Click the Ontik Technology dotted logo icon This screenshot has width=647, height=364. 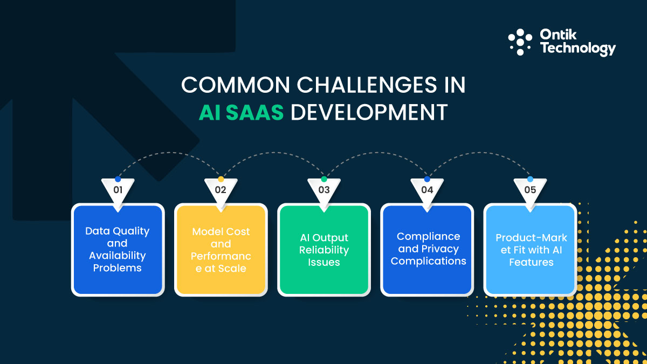[520, 42]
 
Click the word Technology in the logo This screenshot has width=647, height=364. [577, 49]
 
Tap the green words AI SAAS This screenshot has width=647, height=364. [242, 112]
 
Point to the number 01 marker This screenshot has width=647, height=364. [118, 190]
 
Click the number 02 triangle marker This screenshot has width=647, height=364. [221, 190]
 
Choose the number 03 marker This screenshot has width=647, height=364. [323, 190]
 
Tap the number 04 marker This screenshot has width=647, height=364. [427, 190]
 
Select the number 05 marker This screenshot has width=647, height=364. [530, 190]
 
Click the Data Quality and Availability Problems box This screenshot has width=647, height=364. [118, 249]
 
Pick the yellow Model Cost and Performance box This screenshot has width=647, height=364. [221, 249]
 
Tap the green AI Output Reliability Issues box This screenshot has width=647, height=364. [323, 249]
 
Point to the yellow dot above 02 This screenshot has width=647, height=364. [221, 179]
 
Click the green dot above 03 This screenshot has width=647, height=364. [323, 179]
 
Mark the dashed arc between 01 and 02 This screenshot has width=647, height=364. [169, 153]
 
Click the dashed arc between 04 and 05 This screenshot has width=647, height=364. [478, 153]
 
